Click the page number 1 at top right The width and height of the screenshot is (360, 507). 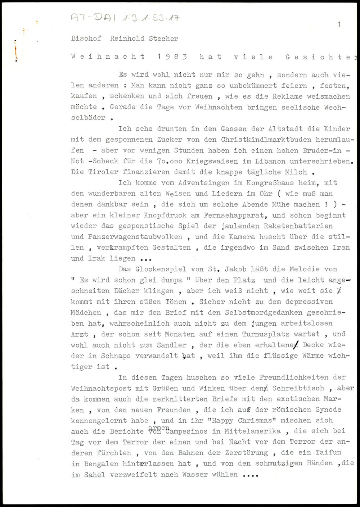pyautogui.click(x=339, y=24)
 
